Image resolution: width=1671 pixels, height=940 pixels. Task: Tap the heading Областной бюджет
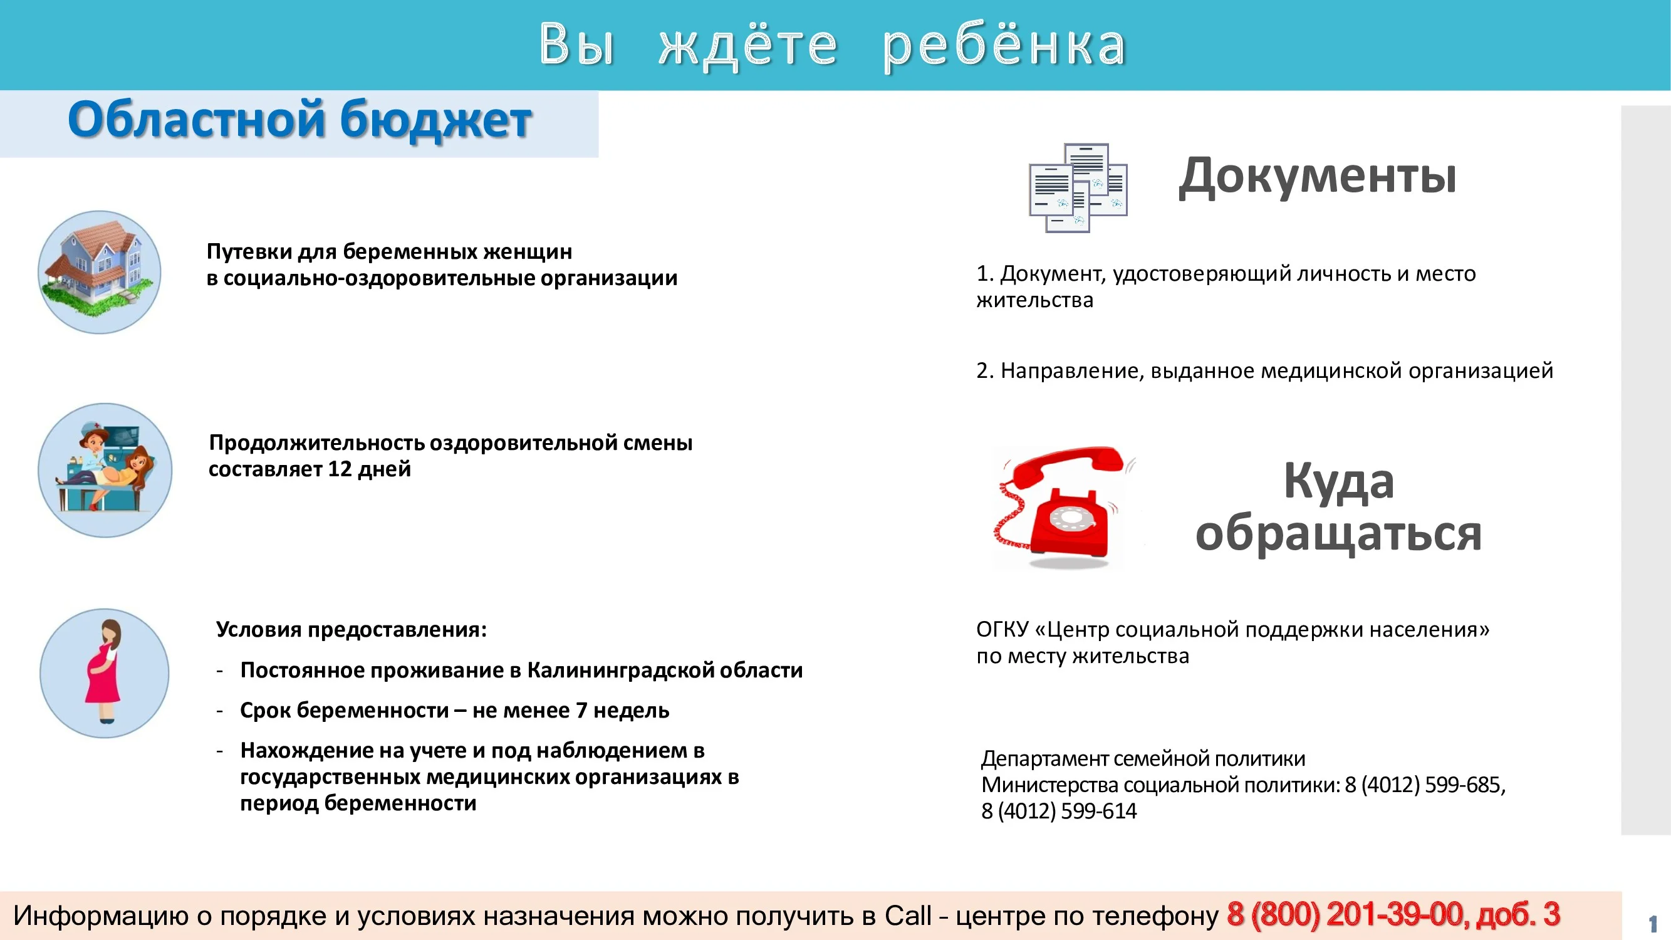[x=299, y=121]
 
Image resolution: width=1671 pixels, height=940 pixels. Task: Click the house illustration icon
[x=99, y=272]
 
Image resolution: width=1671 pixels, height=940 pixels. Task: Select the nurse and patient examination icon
[x=105, y=471]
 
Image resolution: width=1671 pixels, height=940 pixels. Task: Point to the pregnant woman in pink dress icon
[x=105, y=672]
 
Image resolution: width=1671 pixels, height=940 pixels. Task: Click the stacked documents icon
[x=1078, y=188]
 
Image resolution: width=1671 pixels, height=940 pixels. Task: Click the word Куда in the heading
[x=1338, y=482]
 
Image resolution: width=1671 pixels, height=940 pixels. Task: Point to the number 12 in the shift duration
[x=340, y=469]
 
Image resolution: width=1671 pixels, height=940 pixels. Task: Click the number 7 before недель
[x=582, y=711]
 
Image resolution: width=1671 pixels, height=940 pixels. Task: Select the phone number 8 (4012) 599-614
[x=1059, y=812]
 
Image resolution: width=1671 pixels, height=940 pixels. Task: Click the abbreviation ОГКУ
[x=1002, y=630]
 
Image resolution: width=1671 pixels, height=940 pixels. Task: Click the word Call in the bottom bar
[x=907, y=916]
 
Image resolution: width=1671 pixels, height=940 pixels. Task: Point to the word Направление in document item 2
[x=1072, y=371]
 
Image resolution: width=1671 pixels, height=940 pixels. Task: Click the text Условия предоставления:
[x=351, y=630]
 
